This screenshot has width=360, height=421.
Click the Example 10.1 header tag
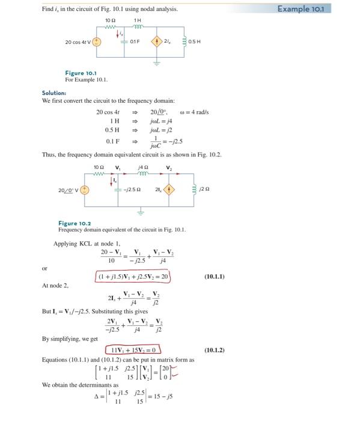tap(326, 9)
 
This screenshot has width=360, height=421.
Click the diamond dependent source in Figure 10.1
tap(159, 43)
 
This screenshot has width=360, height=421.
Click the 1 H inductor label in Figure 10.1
tap(138, 21)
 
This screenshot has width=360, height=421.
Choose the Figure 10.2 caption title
tap(75, 224)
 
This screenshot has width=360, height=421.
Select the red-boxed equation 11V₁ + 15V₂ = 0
tap(134, 349)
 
